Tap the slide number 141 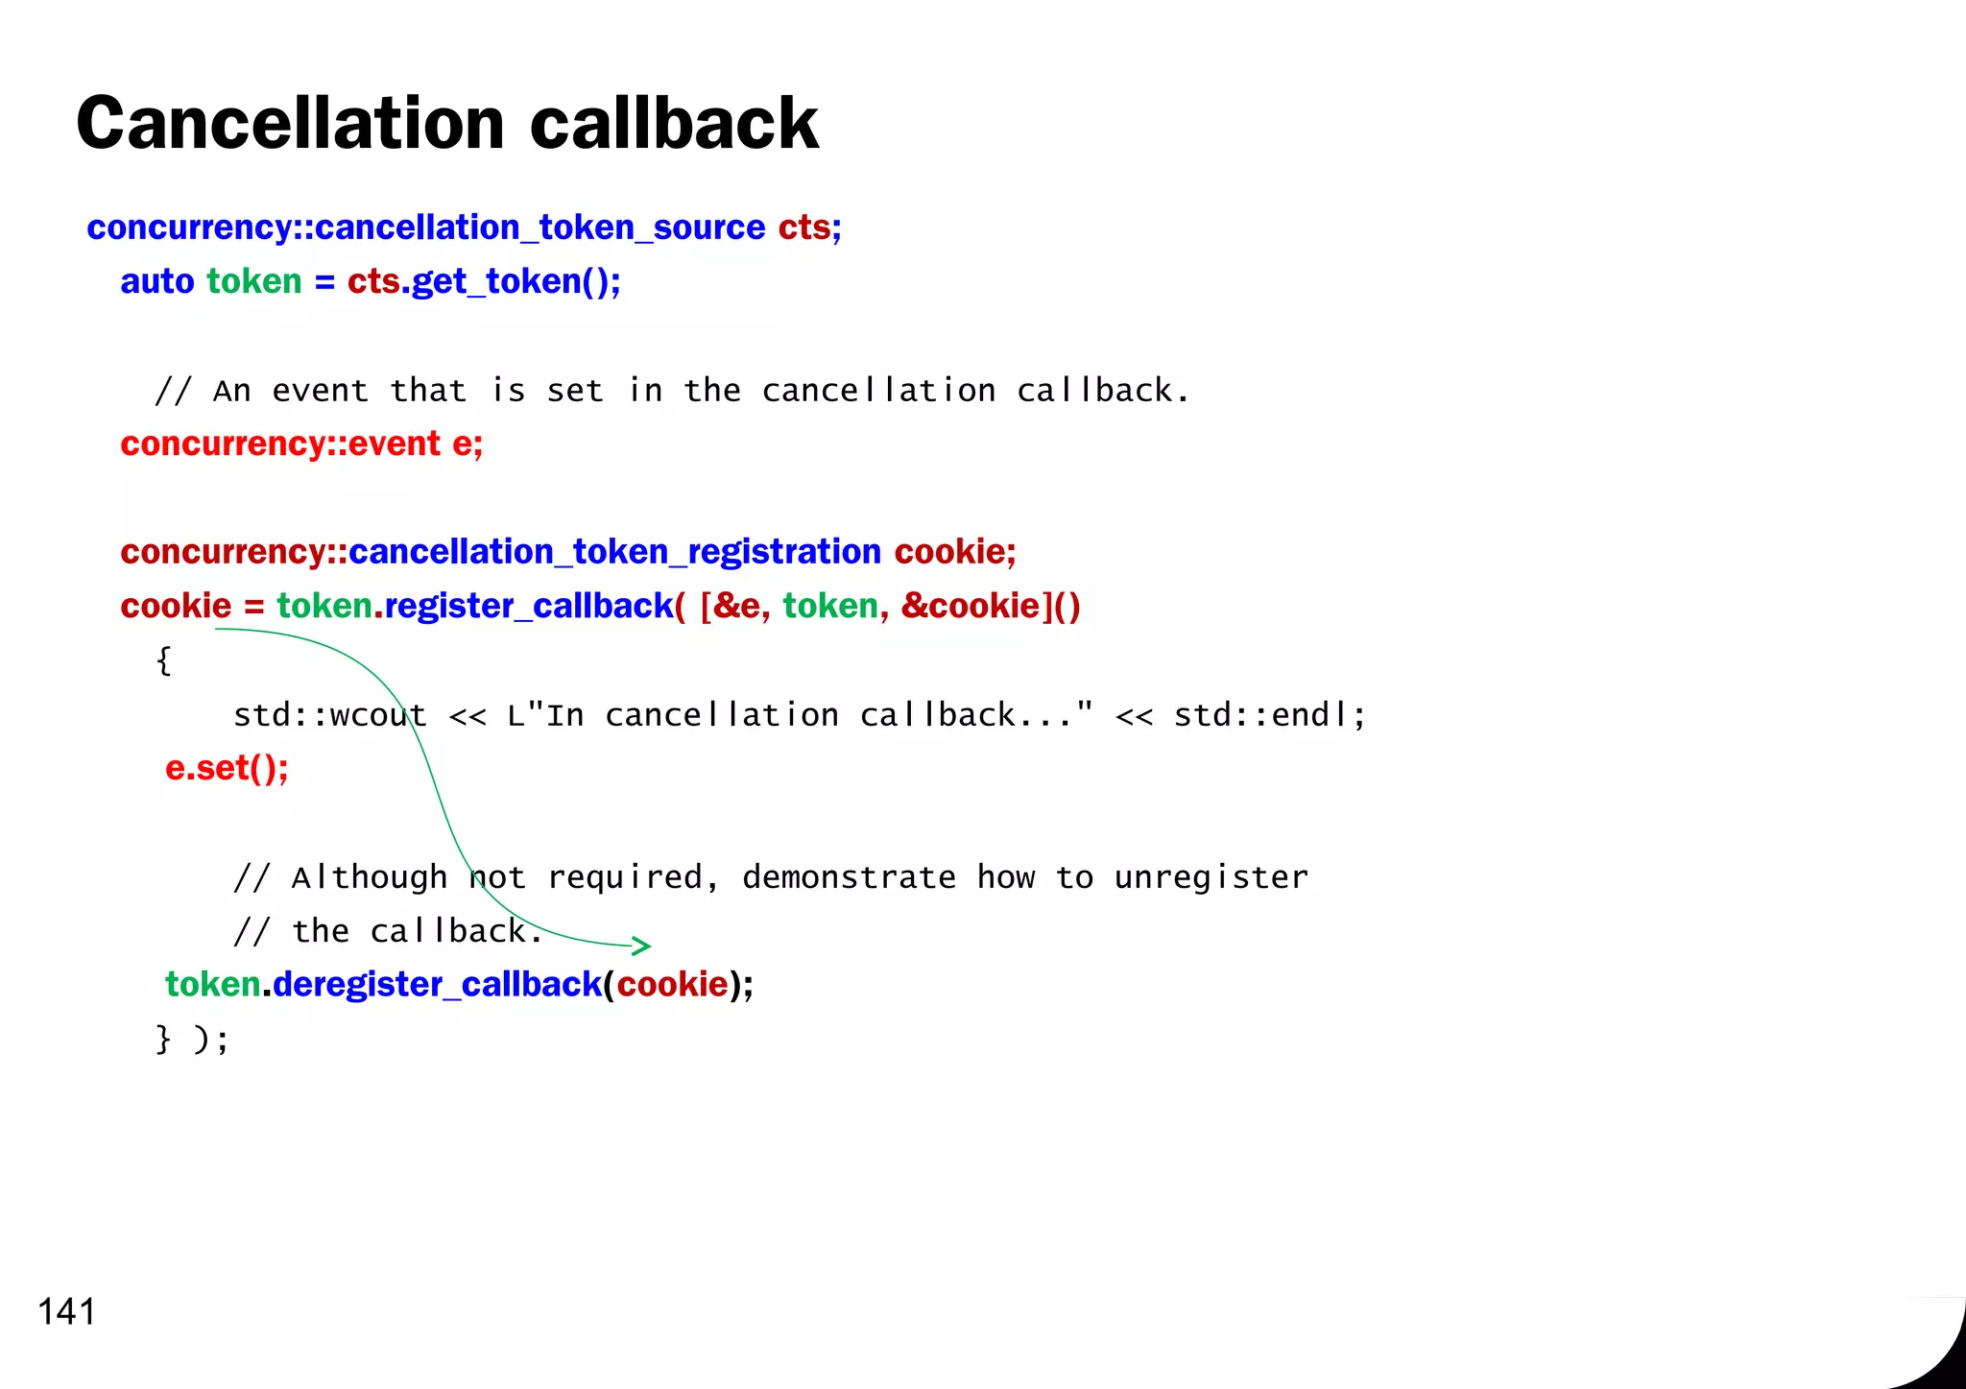[x=67, y=1311]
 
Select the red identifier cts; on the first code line [x=809, y=228]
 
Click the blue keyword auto [x=157, y=281]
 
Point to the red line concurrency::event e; [x=301, y=443]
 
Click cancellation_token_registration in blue [x=614, y=552]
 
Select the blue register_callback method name [x=529, y=606]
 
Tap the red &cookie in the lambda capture [x=971, y=606]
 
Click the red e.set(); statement [x=227, y=768]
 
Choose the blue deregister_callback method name [x=437, y=985]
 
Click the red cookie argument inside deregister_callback [x=672, y=985]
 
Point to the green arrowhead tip [x=649, y=946]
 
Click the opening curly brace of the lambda [x=164, y=660]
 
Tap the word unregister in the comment [x=1211, y=877]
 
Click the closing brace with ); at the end [x=191, y=1039]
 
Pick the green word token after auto [x=254, y=281]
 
